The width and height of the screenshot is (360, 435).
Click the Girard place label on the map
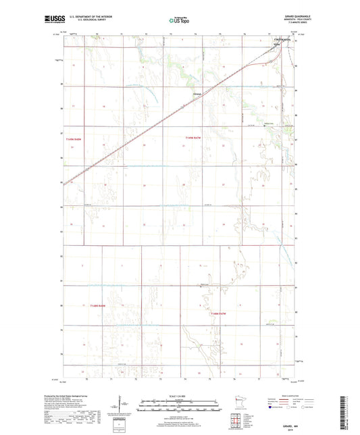[x=197, y=93]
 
